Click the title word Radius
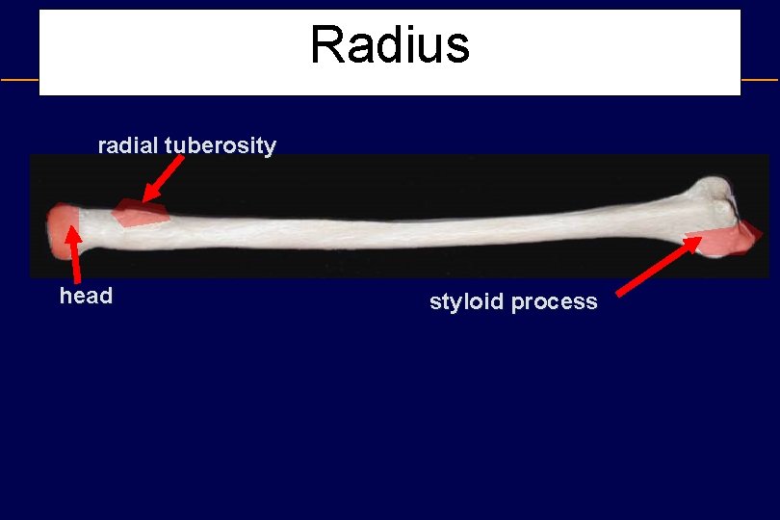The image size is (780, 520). [390, 45]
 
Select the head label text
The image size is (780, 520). [86, 296]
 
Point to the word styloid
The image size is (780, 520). [467, 301]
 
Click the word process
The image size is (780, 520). [555, 301]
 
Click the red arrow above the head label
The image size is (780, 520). [72, 254]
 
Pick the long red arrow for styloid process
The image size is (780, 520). [659, 265]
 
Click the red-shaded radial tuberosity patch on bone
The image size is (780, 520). [141, 213]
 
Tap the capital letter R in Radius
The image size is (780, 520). [327, 45]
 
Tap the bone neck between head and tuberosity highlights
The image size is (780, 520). [96, 226]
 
